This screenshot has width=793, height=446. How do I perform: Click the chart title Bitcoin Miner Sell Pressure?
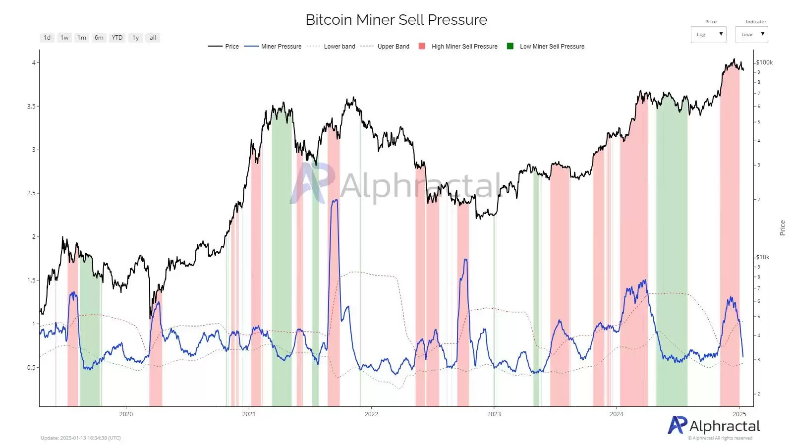[396, 20]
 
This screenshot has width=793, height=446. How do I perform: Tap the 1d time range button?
[47, 38]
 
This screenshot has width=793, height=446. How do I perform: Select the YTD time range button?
[117, 38]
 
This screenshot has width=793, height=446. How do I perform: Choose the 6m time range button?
[99, 38]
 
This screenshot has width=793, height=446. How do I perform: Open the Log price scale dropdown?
[708, 35]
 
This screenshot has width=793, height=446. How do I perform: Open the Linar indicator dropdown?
[751, 35]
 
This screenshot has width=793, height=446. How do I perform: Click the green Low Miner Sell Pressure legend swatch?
[510, 46]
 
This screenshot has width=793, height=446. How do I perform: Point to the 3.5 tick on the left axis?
[31, 107]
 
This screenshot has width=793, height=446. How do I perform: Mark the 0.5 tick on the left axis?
[31, 368]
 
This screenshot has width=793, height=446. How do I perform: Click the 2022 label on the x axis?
[371, 414]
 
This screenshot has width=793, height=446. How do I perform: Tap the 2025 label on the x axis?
[739, 414]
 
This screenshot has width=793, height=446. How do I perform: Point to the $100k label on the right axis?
[764, 62]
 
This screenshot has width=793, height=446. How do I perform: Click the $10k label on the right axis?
[763, 257]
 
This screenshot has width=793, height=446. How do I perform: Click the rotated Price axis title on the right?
[783, 228]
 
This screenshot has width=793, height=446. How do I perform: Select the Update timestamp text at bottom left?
[81, 438]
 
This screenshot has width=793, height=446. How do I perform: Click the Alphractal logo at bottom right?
[714, 426]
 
